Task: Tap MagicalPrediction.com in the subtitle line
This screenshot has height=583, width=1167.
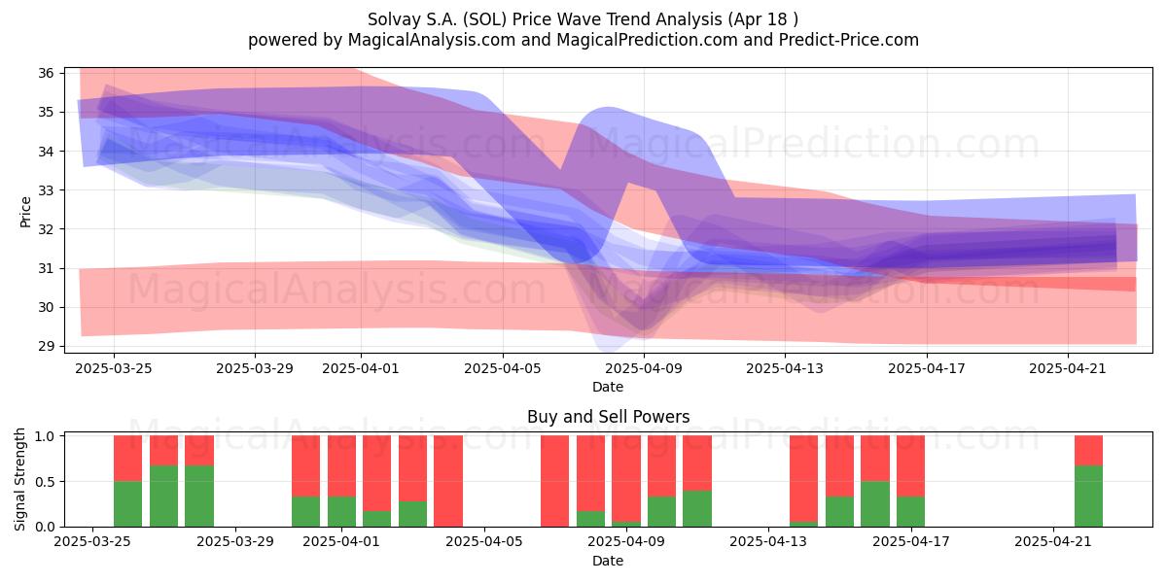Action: pyautogui.click(x=647, y=40)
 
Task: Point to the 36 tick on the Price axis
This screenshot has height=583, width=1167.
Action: pyautogui.click(x=47, y=73)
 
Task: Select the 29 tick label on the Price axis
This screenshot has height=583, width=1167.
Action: pyautogui.click(x=47, y=346)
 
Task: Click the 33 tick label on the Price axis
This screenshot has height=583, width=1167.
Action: pyautogui.click(x=47, y=190)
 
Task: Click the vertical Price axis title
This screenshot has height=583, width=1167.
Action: pyautogui.click(x=25, y=213)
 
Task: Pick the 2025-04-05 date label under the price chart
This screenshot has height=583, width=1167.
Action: pyautogui.click(x=503, y=368)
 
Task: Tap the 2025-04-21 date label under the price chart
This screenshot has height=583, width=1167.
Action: pyautogui.click(x=1068, y=368)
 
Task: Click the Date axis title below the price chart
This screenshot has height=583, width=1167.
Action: pyautogui.click(x=608, y=387)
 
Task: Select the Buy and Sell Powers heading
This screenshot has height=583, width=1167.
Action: pyautogui.click(x=609, y=417)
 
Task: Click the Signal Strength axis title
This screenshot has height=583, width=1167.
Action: pyautogui.click(x=19, y=479)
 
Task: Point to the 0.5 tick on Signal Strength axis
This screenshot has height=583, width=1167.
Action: pyautogui.click(x=45, y=482)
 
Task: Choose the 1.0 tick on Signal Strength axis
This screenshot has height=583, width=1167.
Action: pyautogui.click(x=45, y=436)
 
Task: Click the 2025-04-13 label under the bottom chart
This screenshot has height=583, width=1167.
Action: pyautogui.click(x=768, y=541)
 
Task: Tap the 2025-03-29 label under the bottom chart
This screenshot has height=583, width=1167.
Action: pyautogui.click(x=235, y=541)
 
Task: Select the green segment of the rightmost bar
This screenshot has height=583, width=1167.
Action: pyautogui.click(x=1089, y=497)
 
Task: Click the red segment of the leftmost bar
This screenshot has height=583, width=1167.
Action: pyautogui.click(x=127, y=458)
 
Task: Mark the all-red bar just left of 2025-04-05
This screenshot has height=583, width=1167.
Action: pyautogui.click(x=448, y=481)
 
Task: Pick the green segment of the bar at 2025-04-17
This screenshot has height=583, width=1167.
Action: pyautogui.click(x=910, y=512)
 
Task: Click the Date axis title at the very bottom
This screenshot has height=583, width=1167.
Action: pyautogui.click(x=608, y=561)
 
